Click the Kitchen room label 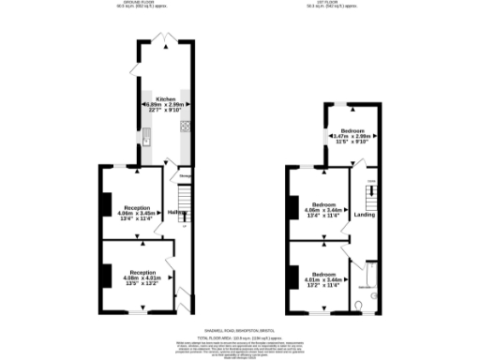164,98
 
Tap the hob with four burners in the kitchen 186,127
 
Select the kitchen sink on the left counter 147,141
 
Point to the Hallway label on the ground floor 175,213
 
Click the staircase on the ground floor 185,199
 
